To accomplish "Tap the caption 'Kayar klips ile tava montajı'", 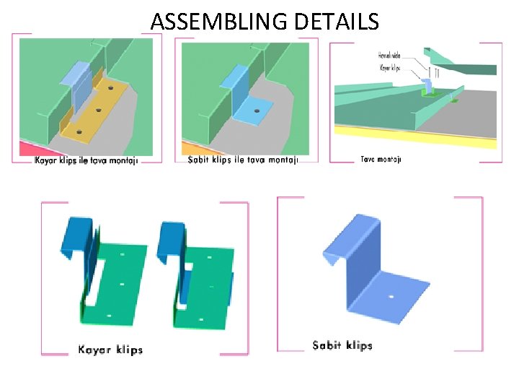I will point(86,160).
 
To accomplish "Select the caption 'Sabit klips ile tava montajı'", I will point(242,160).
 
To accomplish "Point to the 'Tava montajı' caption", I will point(380,159).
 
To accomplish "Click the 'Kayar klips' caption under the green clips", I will point(110,350).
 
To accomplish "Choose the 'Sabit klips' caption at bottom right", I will point(342,345).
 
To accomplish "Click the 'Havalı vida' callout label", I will point(390,55).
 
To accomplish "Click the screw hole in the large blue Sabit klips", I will point(390,296).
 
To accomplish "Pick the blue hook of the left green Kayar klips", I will point(74,235).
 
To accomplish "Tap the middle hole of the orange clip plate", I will point(97,111).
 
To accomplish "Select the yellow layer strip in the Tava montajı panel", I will point(414,142).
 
